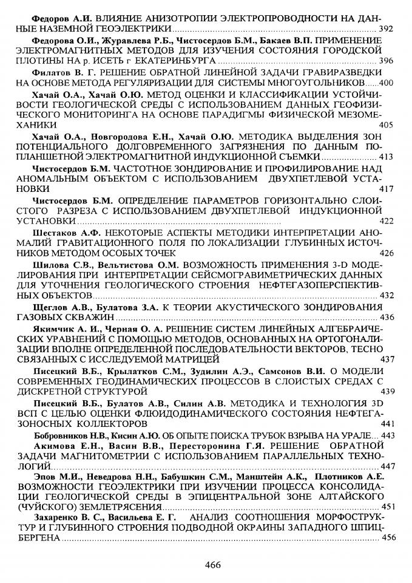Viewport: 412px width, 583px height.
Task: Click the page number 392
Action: point(385,28)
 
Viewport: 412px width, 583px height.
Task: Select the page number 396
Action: point(385,61)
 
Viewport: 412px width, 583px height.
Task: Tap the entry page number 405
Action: point(385,124)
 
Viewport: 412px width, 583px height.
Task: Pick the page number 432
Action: point(385,296)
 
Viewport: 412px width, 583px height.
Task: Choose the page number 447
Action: point(385,466)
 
